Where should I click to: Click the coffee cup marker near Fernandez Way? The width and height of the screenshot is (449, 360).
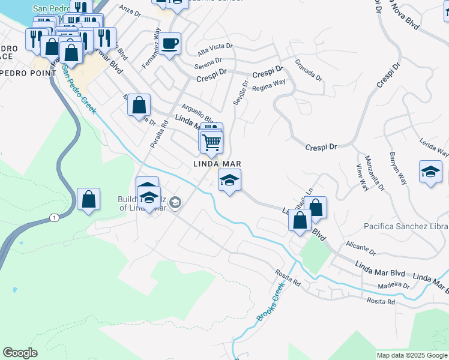(170, 44)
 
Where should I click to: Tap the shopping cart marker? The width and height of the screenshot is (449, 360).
(211, 143)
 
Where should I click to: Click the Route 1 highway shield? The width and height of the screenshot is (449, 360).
(55, 218)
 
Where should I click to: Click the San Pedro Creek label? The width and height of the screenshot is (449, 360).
(79, 90)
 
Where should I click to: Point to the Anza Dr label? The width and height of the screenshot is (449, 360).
(129, 9)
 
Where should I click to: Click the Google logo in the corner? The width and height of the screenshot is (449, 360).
(20, 353)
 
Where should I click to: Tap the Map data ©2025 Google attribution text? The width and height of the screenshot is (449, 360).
(411, 355)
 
